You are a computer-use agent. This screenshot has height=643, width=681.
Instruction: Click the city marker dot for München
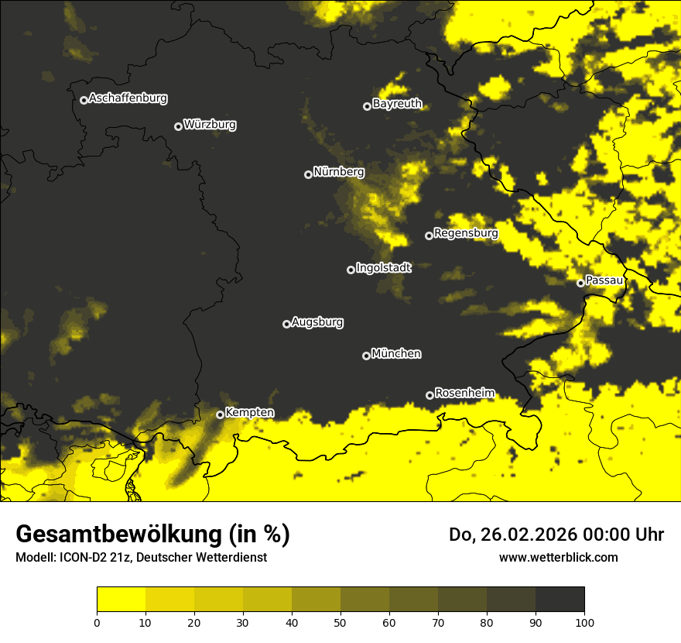[x=367, y=356]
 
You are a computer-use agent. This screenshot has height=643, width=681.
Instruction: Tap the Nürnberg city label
[x=338, y=172]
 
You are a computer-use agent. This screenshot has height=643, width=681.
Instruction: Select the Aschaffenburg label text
[x=128, y=98]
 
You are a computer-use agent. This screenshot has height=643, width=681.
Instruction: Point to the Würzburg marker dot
[x=178, y=126]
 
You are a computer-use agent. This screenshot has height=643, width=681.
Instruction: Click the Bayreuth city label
[x=397, y=104]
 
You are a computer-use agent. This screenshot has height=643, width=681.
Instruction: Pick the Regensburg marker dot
[x=429, y=236]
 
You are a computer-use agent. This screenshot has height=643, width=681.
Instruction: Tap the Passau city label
[x=604, y=280]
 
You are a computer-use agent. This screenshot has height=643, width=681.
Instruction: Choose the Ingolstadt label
[x=383, y=268]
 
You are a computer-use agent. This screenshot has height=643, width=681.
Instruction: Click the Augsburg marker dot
[x=286, y=324]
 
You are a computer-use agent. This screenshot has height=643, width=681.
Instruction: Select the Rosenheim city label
[x=464, y=393]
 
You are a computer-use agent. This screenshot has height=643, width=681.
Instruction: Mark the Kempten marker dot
[x=220, y=414]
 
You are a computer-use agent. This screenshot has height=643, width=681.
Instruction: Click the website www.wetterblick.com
[x=558, y=557]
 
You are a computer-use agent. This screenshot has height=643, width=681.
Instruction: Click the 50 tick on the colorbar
[x=340, y=622]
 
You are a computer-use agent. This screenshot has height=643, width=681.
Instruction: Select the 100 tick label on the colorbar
[x=584, y=622]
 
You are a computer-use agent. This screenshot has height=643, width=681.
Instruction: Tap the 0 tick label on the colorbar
[x=97, y=622]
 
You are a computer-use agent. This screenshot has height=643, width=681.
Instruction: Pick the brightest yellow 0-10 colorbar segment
[x=121, y=599]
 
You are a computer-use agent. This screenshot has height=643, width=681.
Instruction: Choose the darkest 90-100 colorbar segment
[x=560, y=599]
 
